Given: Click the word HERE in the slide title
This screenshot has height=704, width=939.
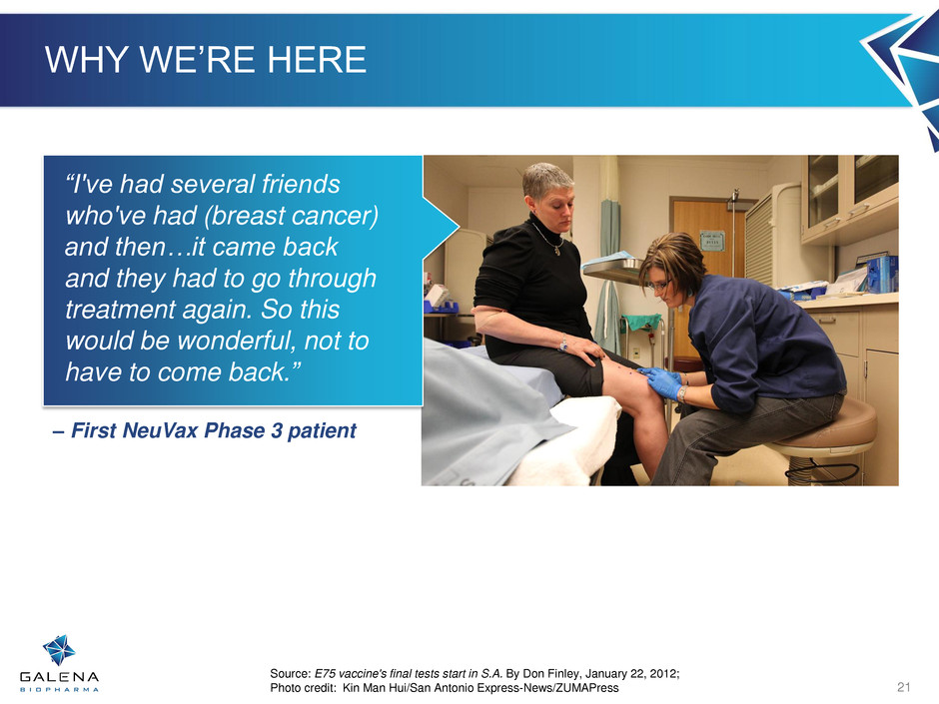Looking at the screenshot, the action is point(317,59).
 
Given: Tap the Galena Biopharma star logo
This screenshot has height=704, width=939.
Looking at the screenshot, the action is point(59,650).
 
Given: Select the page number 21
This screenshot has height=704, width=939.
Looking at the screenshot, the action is point(904,687).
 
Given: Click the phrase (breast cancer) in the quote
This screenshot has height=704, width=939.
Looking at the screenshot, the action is point(291,216).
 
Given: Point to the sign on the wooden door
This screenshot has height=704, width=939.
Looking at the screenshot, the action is point(712,241).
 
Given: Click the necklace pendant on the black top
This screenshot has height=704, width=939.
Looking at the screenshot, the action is point(557,252).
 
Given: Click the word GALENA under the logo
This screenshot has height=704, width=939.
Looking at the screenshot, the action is point(59,677).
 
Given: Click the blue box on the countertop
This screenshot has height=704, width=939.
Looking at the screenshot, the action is point(882,274).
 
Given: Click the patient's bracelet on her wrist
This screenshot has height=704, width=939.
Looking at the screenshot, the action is point(563,343).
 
